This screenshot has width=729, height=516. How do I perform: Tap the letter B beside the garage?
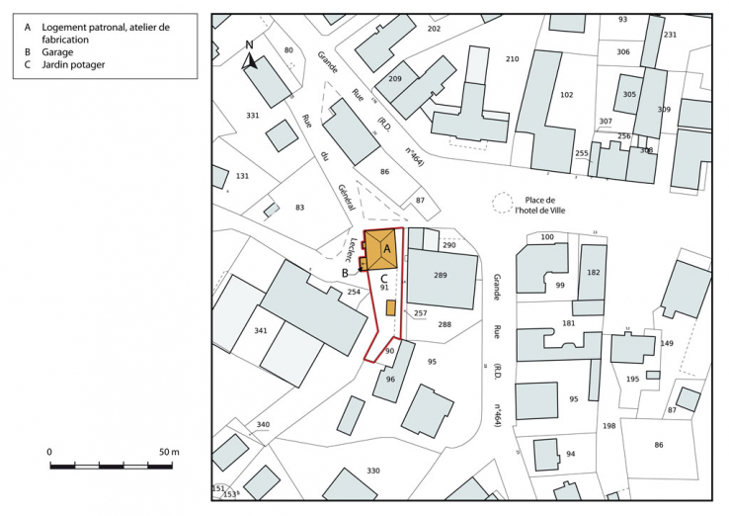[x=345, y=272]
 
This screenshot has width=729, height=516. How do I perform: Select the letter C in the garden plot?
[x=382, y=279]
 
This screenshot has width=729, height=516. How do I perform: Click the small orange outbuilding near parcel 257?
[x=390, y=307]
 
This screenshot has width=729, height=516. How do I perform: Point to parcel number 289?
[x=441, y=275]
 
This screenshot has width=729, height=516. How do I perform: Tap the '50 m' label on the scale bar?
[x=169, y=452]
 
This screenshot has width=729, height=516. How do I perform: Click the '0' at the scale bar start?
[x=49, y=452]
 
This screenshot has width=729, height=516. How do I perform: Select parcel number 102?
[x=566, y=95]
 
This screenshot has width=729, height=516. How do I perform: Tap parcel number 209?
[x=395, y=78]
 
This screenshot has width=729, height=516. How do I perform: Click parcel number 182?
[x=594, y=273]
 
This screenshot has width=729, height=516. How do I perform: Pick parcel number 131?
[x=242, y=176]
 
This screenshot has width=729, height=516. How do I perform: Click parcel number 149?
[x=667, y=343]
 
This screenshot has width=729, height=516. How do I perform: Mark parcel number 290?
[x=449, y=244]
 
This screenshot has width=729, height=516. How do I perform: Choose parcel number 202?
[x=434, y=29]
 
